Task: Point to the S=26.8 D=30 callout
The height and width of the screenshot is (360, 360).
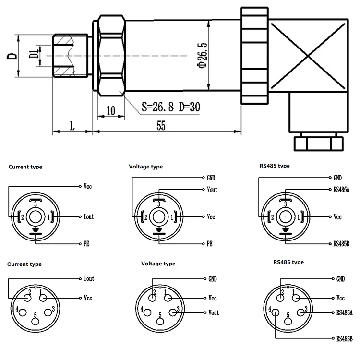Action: (x=171, y=107)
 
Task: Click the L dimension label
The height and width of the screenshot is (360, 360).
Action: (x=72, y=126)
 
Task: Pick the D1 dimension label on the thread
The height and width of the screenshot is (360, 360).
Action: (x=32, y=54)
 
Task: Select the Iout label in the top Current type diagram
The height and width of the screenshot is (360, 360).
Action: (x=89, y=216)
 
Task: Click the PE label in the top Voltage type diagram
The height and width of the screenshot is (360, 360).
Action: (x=209, y=243)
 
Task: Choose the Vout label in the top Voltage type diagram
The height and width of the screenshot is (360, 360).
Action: (x=212, y=190)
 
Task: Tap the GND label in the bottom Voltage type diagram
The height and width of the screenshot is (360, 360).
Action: (x=213, y=279)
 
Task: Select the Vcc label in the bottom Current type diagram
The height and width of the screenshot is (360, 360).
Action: (x=88, y=298)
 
